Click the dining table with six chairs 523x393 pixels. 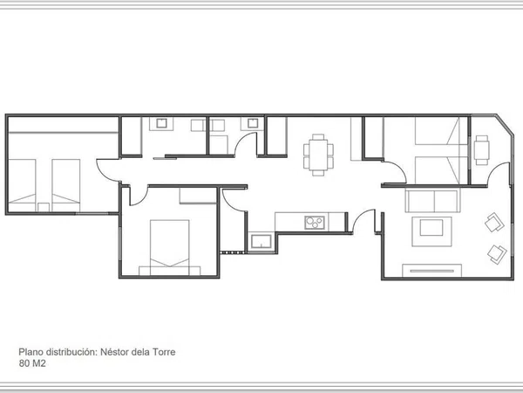tap(318, 155)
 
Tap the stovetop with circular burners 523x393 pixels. tap(315, 223)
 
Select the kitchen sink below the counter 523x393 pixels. tap(261, 241)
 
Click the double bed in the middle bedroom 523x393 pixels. tap(169, 247)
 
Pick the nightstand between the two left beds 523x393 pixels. tap(44, 207)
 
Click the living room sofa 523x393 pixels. tap(432, 201)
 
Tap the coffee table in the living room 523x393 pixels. tap(431, 231)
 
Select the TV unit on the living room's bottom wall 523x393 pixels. tap(432, 271)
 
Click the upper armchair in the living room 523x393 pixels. tap(494, 222)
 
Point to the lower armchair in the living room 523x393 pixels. tap(497, 254)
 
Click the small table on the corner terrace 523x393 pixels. tap(482, 150)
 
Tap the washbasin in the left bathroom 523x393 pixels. tap(161, 123)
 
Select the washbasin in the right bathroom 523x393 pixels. tap(253, 123)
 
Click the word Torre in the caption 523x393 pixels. tap(164, 352)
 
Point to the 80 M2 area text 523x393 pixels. tap(32, 363)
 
